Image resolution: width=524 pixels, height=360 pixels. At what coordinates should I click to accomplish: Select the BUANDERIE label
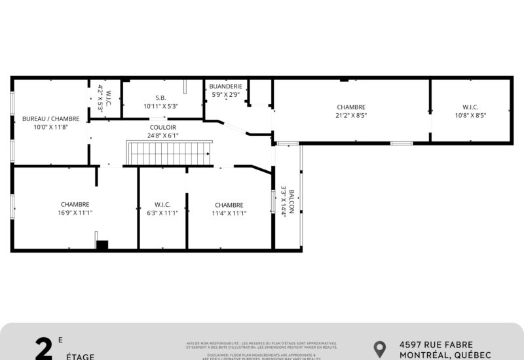[x=226, y=86]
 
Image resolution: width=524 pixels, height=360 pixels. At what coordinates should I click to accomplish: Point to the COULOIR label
[x=163, y=128]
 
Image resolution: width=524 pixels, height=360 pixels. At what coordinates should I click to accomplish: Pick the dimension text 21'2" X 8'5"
[x=351, y=115]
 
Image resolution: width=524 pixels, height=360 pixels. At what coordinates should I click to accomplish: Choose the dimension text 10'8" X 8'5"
[x=470, y=115]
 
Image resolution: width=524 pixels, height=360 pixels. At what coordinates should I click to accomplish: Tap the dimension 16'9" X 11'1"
[x=75, y=213]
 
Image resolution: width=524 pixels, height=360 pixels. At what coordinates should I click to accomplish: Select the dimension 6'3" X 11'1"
[x=162, y=213]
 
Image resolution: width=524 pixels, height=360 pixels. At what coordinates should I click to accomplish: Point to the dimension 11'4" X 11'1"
[x=229, y=213]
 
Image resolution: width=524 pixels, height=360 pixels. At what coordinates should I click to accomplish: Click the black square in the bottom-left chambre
[x=102, y=245]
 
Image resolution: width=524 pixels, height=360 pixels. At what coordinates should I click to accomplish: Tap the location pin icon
[x=379, y=349]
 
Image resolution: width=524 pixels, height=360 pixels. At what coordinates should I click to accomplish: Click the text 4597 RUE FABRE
[x=436, y=345]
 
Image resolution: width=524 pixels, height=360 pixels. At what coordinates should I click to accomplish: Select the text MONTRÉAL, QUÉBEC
[x=445, y=355]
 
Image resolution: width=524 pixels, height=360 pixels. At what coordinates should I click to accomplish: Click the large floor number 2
[x=44, y=350]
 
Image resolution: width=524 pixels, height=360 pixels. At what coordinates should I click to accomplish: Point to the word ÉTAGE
[x=80, y=357]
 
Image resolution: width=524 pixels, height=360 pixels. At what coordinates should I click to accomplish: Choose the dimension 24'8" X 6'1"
[x=163, y=135]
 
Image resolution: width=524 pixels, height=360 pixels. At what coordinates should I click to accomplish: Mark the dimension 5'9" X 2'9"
[x=226, y=95]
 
